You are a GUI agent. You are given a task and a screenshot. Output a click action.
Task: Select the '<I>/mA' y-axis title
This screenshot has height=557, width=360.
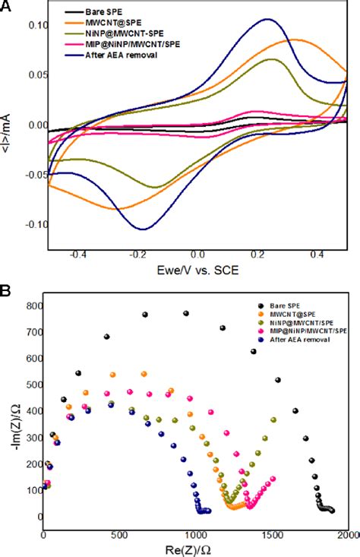coord(8,125)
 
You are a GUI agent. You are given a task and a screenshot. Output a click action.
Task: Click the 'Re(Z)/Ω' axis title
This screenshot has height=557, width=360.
coord(196,549)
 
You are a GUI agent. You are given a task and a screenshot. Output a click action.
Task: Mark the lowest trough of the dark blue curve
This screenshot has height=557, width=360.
coord(142,229)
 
